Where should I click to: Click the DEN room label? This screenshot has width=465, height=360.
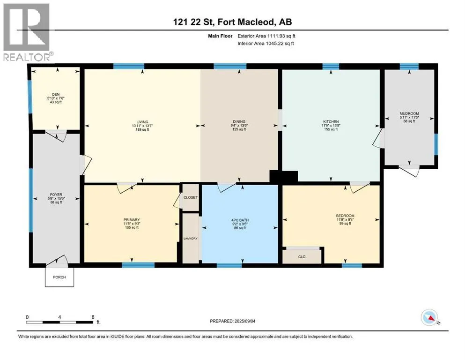(56, 94)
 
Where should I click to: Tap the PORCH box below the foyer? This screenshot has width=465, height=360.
(59, 277)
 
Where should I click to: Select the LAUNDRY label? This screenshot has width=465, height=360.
(191, 238)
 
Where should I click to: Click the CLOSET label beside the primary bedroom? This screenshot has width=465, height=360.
(191, 197)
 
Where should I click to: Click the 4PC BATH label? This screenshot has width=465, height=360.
(240, 220)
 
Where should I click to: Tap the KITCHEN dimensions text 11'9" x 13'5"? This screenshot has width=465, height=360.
(331, 126)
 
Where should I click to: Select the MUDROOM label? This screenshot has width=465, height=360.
(409, 113)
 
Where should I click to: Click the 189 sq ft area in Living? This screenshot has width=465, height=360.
(142, 129)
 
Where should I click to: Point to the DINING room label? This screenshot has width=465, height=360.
(239, 121)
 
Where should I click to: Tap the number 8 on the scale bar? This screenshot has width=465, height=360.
(93, 317)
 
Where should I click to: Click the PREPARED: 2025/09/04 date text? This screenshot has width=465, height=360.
(232, 321)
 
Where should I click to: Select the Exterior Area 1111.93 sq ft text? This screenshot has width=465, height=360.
(266, 36)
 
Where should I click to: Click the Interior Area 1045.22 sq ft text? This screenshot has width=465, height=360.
(266, 43)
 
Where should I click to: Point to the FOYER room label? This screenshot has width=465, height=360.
(56, 195)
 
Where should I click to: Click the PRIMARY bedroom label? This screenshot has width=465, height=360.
(132, 220)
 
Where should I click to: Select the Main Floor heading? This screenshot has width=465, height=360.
(220, 36)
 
